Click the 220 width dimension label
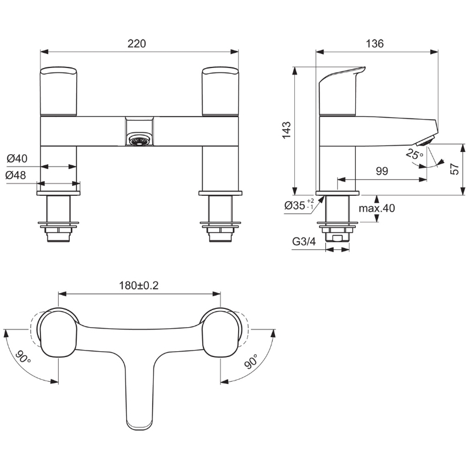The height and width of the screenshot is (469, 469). pyautogui.click(x=137, y=43)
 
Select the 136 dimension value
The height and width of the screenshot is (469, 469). pyautogui.click(x=375, y=43)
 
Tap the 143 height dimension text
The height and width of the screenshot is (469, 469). pyautogui.click(x=287, y=130)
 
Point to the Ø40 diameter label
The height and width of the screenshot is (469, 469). pyautogui.click(x=17, y=158)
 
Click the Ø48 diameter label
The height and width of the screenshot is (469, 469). pyautogui.click(x=16, y=175)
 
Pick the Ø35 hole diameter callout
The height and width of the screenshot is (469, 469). pyautogui.click(x=299, y=205)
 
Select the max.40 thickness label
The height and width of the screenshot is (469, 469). pyautogui.click(x=377, y=208)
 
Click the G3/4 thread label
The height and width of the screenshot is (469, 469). pyautogui.click(x=304, y=242)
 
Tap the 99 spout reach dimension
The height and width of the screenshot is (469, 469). pyautogui.click(x=382, y=171)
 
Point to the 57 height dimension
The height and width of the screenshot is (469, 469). pyautogui.click(x=454, y=169)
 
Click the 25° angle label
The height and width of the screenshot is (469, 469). pyautogui.click(x=414, y=155)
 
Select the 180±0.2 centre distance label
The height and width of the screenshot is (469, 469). pyautogui.click(x=139, y=286)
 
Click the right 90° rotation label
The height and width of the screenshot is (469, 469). pyautogui.click(x=251, y=361)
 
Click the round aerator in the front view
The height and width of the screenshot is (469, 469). pyautogui.click(x=139, y=140)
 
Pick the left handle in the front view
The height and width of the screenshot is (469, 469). pyautogui.click(x=58, y=91)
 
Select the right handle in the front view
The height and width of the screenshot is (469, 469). pyautogui.click(x=220, y=91)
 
